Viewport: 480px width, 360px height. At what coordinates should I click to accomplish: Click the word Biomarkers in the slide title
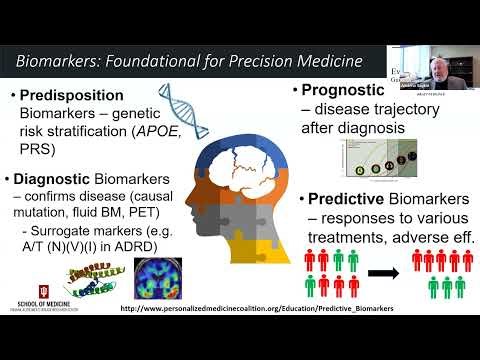tap(59, 62)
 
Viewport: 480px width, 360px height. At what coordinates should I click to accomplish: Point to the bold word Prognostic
tap(348, 91)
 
